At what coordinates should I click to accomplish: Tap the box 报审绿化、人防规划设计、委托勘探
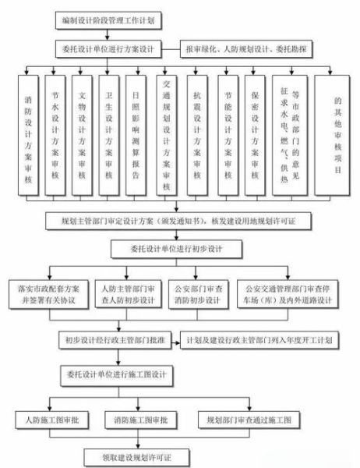pos(249,47)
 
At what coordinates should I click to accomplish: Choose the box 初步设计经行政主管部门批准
pos(114,340)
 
